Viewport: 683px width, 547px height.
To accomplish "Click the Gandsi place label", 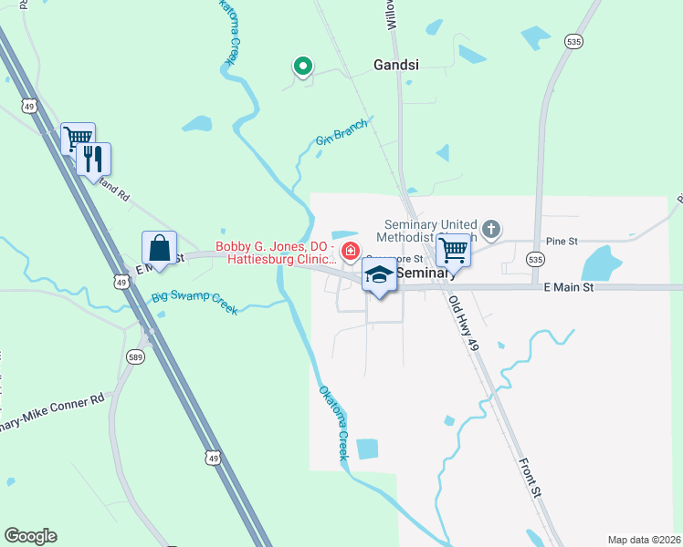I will tap(396, 65).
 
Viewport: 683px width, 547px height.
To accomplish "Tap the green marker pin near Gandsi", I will tap(302, 66).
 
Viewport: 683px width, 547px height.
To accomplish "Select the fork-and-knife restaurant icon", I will tap(93, 160).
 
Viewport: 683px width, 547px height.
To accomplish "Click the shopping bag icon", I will tap(159, 248).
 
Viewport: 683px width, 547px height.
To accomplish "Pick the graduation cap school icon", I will tap(380, 273).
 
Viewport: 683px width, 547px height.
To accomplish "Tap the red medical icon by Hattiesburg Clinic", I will tap(349, 251).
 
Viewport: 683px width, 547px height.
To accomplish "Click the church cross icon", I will tap(491, 229).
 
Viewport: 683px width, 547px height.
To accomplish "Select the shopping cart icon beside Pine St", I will tap(453, 249).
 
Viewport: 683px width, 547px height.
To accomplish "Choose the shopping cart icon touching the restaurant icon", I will tap(77, 139).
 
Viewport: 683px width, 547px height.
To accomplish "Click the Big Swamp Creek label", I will tap(194, 302).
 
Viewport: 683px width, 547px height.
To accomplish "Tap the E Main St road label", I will tap(569, 287).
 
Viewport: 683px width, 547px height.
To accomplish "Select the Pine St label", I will tap(562, 242).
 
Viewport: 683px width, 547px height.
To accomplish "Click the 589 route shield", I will tap(135, 356).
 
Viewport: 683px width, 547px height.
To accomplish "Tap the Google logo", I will tap(30, 536).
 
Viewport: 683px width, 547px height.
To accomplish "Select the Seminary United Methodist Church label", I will tap(431, 231).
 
